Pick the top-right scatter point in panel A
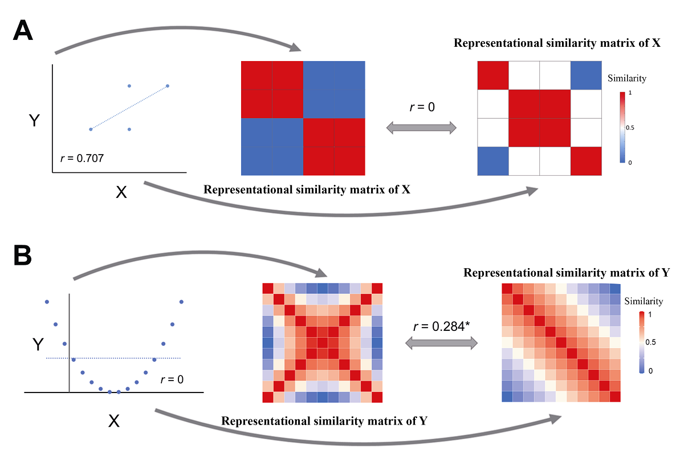point(168,86)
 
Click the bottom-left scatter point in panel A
point(91,130)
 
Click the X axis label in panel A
point(121,192)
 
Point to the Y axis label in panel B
point(38,344)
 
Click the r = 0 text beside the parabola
point(172,378)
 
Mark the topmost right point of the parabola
point(181,301)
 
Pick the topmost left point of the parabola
point(47,301)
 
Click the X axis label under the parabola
point(113,421)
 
